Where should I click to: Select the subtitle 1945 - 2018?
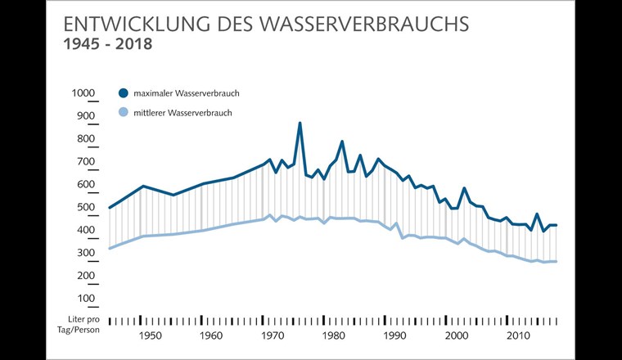click(108, 44)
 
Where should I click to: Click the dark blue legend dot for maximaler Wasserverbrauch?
click(124, 93)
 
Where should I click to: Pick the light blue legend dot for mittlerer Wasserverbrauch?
click(124, 113)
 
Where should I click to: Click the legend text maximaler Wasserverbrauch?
click(187, 93)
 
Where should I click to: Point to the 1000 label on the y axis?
click(84, 93)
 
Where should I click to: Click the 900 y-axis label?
click(86, 116)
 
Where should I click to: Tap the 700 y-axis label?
click(86, 162)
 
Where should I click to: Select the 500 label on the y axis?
click(86, 208)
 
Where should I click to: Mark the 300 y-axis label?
click(86, 254)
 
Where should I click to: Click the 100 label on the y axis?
click(86, 299)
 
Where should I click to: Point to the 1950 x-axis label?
click(149, 335)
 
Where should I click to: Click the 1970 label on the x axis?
click(272, 335)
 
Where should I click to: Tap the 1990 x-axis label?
click(394, 335)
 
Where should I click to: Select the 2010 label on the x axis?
click(517, 335)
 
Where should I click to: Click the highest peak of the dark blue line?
click(300, 124)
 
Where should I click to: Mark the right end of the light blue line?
click(557, 262)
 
